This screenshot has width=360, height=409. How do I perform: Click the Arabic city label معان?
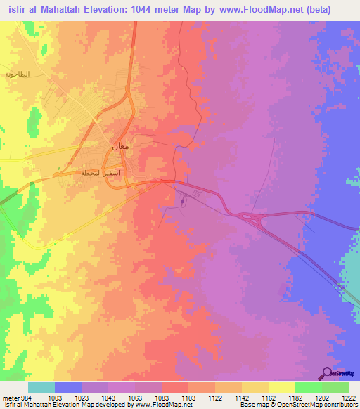(119, 147)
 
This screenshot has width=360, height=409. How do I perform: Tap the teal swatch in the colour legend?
(41, 387)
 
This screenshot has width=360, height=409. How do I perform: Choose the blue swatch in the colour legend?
(68, 387)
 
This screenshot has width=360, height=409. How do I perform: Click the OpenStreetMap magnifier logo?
(327, 374)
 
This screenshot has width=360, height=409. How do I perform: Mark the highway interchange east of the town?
(253, 219)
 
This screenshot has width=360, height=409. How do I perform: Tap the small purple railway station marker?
(182, 202)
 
